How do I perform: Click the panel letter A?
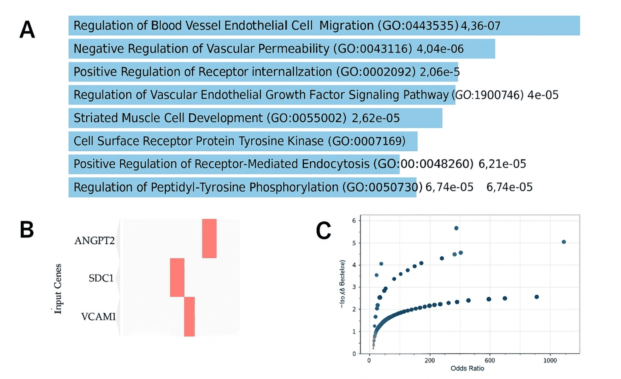pyautogui.click(x=27, y=30)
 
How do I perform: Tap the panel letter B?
pyautogui.click(x=27, y=230)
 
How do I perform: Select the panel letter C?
pyautogui.click(x=323, y=231)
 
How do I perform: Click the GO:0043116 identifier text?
pyautogui.click(x=375, y=49)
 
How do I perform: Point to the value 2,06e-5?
pyautogui.click(x=440, y=72)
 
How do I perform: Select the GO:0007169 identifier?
pyautogui.click(x=366, y=141)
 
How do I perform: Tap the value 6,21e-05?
pyautogui.click(x=502, y=164)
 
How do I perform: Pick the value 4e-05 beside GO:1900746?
pyautogui.click(x=543, y=95)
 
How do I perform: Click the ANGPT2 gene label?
pyautogui.click(x=94, y=241)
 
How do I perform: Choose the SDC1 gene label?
pyautogui.click(x=101, y=278)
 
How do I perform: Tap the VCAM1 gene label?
pyautogui.click(x=98, y=317)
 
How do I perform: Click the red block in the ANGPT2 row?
pyautogui.click(x=209, y=238)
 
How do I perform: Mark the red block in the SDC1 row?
pyautogui.click(x=177, y=277)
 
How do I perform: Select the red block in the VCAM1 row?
pyautogui.click(x=189, y=317)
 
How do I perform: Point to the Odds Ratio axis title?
pyautogui.click(x=467, y=368)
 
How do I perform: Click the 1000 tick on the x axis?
pyautogui.click(x=550, y=360)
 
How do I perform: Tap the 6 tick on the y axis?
pyautogui.click(x=354, y=221)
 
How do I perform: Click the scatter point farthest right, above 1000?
pyautogui.click(x=563, y=242)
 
